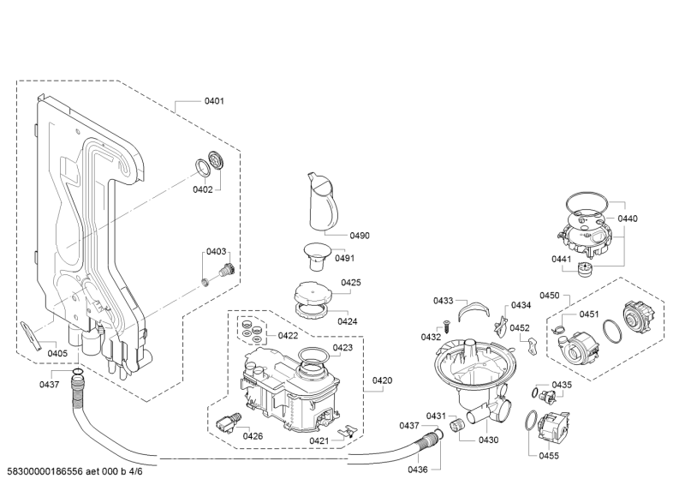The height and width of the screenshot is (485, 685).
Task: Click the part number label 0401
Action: pos(214,101)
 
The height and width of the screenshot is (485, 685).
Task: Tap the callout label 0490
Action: pos(360,236)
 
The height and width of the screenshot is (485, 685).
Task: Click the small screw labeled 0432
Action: pos(446,326)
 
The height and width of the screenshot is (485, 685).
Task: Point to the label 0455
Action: pos(549,456)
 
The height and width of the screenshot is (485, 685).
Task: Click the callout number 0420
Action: pos(382,380)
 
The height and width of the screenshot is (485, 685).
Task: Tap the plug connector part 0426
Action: pos(229,422)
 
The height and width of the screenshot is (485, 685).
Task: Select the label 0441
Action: pos(562,260)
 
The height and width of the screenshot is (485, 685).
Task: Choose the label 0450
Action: pos(549,296)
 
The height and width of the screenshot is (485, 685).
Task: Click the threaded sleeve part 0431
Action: pos(456,424)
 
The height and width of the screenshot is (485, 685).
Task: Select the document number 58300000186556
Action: pos(45,471)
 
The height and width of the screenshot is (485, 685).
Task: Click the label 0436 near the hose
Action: pos(418,470)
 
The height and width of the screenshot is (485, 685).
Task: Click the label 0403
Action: pos(217,251)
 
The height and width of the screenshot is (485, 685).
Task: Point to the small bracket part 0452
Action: pos(532,346)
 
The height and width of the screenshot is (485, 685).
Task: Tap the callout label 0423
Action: pos(342,348)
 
